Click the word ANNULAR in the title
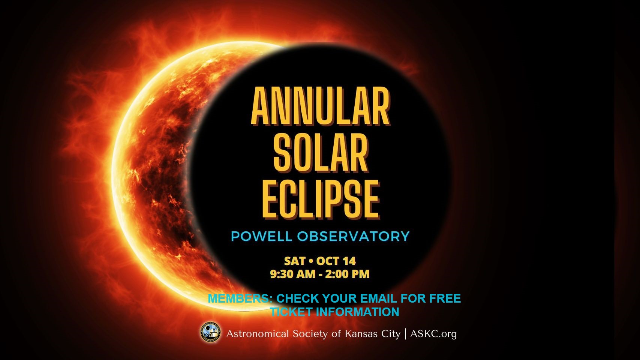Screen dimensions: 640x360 click(321, 106)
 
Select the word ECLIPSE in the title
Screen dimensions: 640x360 click(321, 199)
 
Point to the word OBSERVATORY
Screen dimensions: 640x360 click(354, 236)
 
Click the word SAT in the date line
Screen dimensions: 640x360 click(295, 261)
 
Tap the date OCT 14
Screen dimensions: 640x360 click(336, 261)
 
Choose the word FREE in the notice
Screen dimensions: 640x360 click(445, 298)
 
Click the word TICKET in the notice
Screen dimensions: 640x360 click(291, 312)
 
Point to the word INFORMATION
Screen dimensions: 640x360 click(357, 312)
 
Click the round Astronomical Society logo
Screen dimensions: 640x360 click(211, 332)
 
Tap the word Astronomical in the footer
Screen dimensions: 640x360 click(258, 334)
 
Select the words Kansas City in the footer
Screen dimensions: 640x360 click(373, 334)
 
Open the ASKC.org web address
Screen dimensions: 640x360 click(433, 334)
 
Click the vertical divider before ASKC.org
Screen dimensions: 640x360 click(405, 334)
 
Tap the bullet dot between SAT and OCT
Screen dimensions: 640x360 click(311, 261)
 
